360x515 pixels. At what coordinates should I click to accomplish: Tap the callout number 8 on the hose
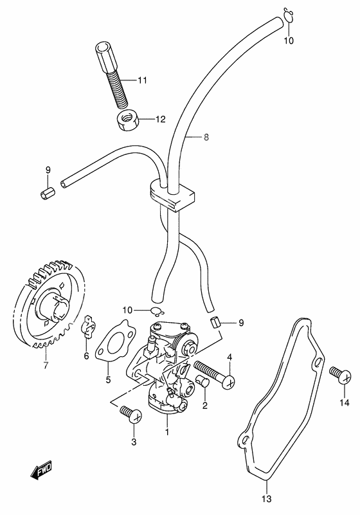coord(188,137)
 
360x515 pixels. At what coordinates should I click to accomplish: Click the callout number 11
coord(142,80)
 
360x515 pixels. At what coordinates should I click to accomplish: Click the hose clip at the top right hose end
coord(289,15)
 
